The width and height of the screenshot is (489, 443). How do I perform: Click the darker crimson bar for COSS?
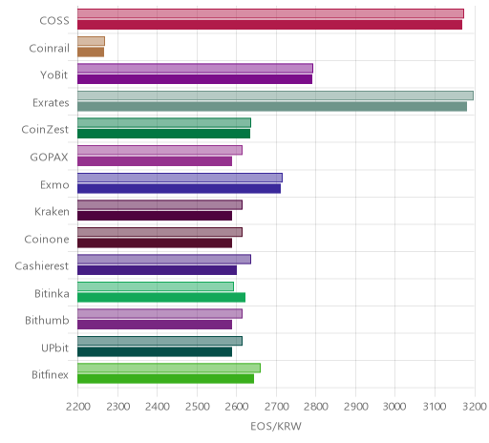pyautogui.click(x=269, y=25)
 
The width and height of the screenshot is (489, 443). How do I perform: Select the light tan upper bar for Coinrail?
pyautogui.click(x=91, y=41)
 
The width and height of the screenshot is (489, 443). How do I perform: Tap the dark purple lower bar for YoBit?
pyautogui.click(x=195, y=79)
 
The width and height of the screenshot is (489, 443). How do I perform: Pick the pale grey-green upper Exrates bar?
pyautogui.click(x=275, y=95)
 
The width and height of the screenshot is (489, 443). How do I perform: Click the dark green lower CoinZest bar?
pyautogui.click(x=164, y=134)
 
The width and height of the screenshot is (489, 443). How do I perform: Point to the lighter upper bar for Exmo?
pyautogui.click(x=180, y=178)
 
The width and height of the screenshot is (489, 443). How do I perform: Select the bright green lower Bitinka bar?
pyautogui.click(x=161, y=297)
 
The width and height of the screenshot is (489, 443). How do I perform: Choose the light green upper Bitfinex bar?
pyautogui.click(x=169, y=368)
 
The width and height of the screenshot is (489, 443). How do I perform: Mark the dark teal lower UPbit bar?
pyautogui.click(x=155, y=351)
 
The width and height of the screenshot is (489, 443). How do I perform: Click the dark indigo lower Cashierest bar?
pyautogui.click(x=158, y=270)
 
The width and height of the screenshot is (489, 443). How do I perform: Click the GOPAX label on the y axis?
pyautogui.click(x=49, y=157)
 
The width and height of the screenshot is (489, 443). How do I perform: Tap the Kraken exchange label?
pyautogui.click(x=52, y=211)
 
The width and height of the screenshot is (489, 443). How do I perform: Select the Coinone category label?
pyautogui.click(x=47, y=239)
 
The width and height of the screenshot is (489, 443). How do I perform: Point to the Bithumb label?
pyautogui.click(x=47, y=320)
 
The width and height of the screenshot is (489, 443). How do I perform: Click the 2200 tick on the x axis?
pyautogui.click(x=78, y=407)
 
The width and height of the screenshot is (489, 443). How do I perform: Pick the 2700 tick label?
pyautogui.click(x=276, y=407)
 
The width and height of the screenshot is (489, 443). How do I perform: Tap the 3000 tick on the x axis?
pyautogui.click(x=395, y=407)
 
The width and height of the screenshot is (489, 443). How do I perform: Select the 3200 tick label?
pyautogui.click(x=475, y=407)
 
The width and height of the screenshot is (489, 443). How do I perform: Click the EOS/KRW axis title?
pyautogui.click(x=276, y=426)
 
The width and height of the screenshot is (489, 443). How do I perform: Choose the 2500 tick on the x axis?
pyautogui.click(x=197, y=407)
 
